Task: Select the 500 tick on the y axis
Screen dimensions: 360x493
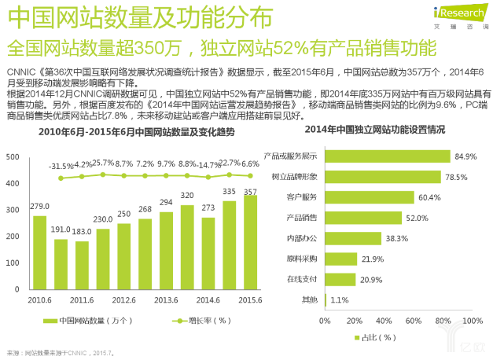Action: tap(12, 156)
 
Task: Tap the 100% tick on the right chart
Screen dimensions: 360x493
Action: tap(472, 321)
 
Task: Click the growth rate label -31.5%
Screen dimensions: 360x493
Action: tap(61, 167)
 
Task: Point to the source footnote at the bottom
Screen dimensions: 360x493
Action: tap(61, 354)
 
